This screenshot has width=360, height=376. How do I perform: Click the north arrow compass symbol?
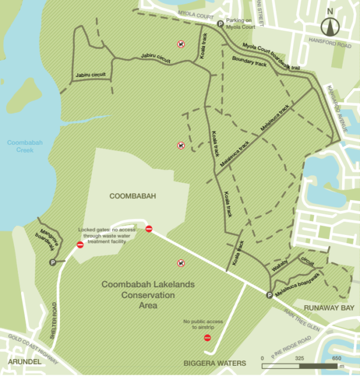coord(329,25)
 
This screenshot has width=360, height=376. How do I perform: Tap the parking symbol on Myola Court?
coord(220,25)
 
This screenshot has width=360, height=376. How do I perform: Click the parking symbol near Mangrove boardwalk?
coord(53,262)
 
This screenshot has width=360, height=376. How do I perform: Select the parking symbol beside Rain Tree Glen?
coord(269,294)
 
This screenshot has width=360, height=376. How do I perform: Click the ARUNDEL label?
coord(25,362)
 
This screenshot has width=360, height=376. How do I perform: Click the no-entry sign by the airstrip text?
coord(208,338)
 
